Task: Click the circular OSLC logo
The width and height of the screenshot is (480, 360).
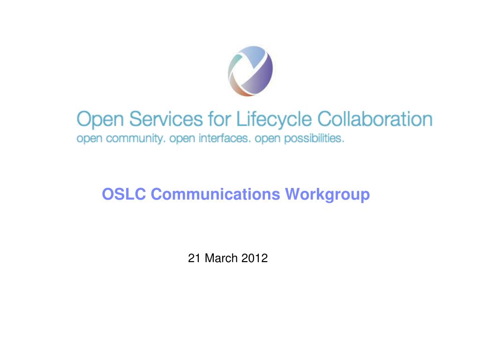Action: point(250,71)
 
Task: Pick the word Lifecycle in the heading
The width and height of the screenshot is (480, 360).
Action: point(274,120)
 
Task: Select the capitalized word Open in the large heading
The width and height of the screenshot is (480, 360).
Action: point(100,120)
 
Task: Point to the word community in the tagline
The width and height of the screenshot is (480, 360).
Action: point(135,139)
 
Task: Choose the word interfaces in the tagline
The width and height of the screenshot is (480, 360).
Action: point(225,138)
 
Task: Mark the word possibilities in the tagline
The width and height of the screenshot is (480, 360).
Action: point(315,139)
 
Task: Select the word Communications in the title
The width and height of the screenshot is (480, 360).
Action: point(215,194)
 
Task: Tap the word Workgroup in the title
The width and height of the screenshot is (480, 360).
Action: point(327,195)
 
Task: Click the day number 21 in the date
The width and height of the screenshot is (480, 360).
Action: point(194,258)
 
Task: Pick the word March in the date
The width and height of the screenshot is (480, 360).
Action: point(221,258)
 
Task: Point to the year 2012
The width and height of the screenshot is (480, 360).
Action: point(255,258)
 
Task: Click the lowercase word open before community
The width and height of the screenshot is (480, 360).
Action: point(89,139)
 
